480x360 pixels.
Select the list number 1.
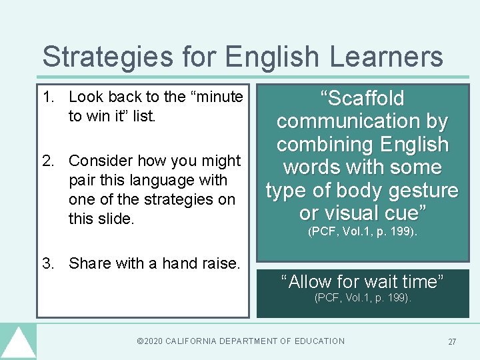(x=47, y=97)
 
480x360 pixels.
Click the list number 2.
(x=47, y=161)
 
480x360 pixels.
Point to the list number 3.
(x=47, y=263)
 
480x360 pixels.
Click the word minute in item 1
(x=217, y=97)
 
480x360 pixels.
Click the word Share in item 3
(x=90, y=263)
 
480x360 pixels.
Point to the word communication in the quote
(x=362, y=121)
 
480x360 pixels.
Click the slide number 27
(x=452, y=342)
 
